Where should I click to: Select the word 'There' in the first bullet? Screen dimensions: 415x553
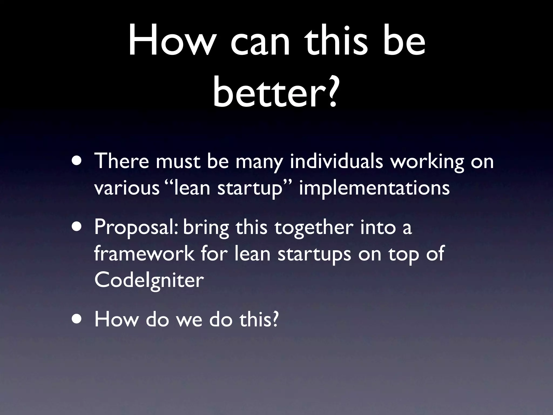coord(122,161)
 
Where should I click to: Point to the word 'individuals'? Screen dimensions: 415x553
coord(336,162)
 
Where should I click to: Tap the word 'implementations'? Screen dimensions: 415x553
coord(374,188)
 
